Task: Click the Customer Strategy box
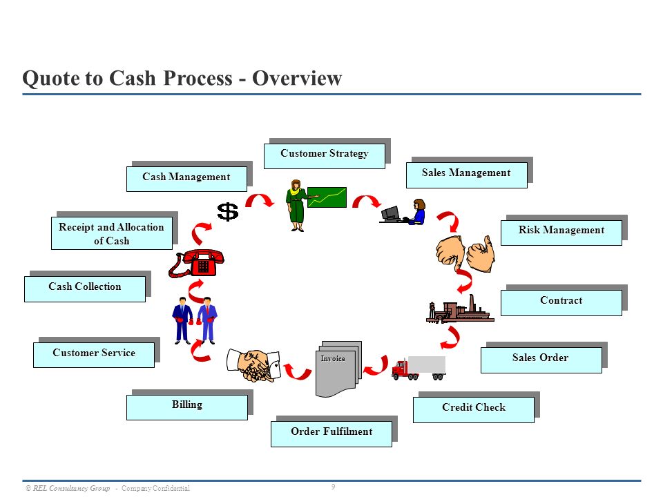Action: pyautogui.click(x=325, y=156)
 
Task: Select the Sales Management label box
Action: pyautogui.click(x=466, y=175)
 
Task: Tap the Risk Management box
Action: pyautogui.click(x=561, y=233)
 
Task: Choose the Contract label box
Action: pyautogui.click(x=561, y=302)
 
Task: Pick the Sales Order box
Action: pyautogui.click(x=541, y=360)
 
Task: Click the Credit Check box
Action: pyautogui.click(x=474, y=409)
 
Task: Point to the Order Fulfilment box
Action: pyautogui.click(x=331, y=433)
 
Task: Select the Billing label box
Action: pyautogui.click(x=187, y=407)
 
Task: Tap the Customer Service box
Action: pyautogui.click(x=94, y=355)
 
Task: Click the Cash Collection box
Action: pyautogui.click(x=84, y=289)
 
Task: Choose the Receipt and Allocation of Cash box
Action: pyautogui.click(x=112, y=233)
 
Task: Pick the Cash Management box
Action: pyautogui.click(x=186, y=179)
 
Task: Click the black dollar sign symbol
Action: pyautogui.click(x=227, y=211)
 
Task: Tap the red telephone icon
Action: pyautogui.click(x=197, y=263)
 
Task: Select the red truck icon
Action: pyautogui.click(x=419, y=368)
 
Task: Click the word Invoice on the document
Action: pyautogui.click(x=333, y=358)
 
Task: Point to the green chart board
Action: pyautogui.click(x=327, y=197)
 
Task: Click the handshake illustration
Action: pyautogui.click(x=253, y=365)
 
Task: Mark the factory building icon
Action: pyautogui.click(x=460, y=309)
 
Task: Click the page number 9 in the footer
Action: pyautogui.click(x=333, y=487)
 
